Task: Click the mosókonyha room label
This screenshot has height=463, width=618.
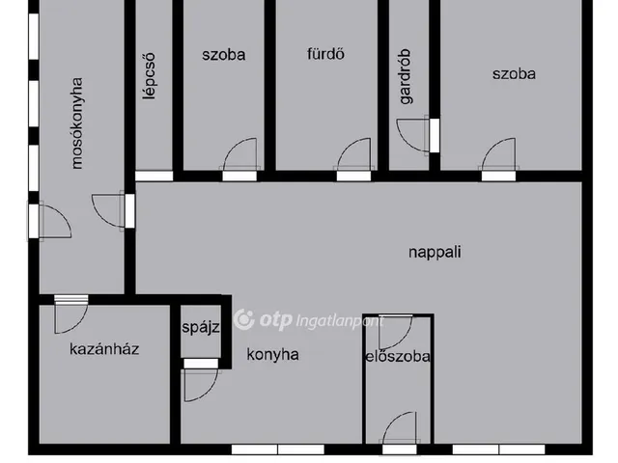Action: [x=78, y=123]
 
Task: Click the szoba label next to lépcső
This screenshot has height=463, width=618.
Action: [x=224, y=54]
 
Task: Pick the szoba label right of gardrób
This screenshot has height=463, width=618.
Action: [x=513, y=73]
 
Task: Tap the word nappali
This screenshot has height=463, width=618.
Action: [x=435, y=253]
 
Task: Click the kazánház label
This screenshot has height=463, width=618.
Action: [x=104, y=348]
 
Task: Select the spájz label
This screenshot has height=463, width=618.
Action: [x=201, y=327]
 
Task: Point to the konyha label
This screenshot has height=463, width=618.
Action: [x=271, y=354]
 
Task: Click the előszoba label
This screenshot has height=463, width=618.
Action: [x=397, y=357]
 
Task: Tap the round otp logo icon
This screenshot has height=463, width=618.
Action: [x=244, y=319]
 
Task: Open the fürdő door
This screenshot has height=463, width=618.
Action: [x=352, y=156]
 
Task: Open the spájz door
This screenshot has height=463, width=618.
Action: [x=199, y=383]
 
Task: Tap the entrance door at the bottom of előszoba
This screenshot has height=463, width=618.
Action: [x=399, y=430]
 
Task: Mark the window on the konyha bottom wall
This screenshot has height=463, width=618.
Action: [x=277, y=449]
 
